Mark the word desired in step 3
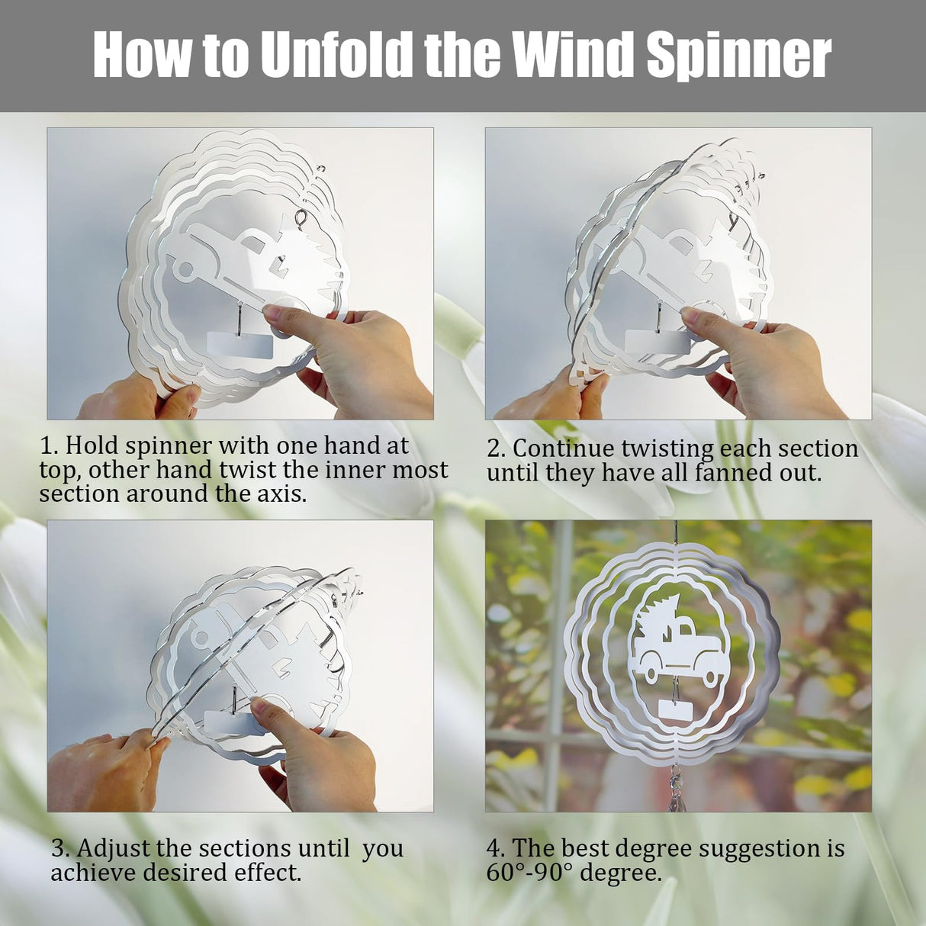point(196,872)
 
